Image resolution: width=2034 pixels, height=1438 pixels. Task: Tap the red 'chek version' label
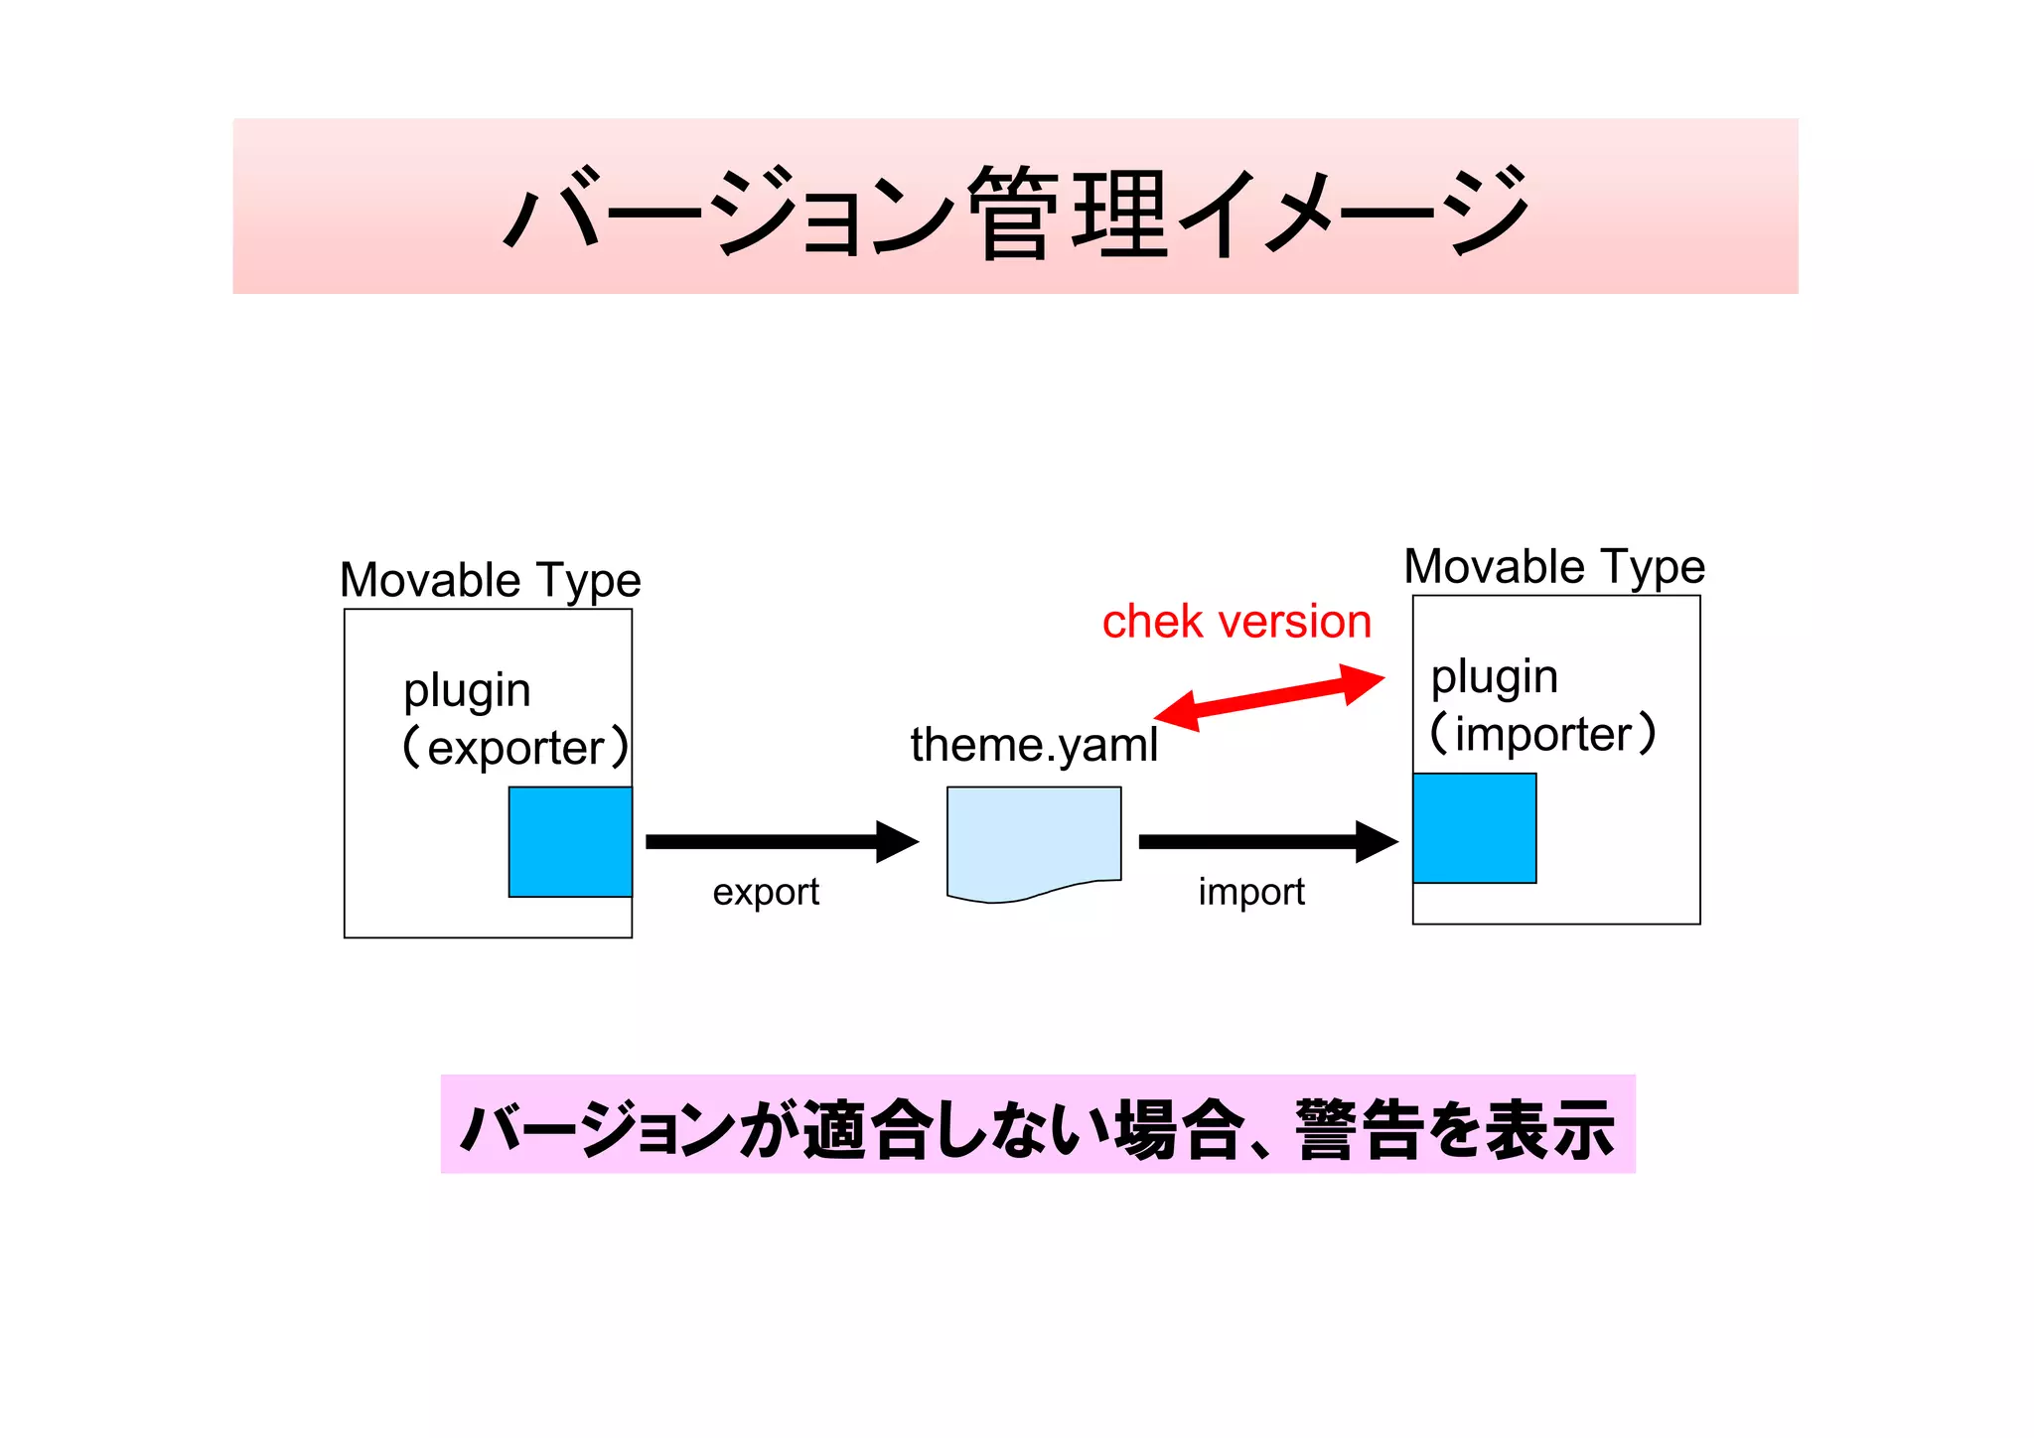1236,623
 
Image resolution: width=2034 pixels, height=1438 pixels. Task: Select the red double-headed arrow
1269,697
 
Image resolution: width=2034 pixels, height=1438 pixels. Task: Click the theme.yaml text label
1034,745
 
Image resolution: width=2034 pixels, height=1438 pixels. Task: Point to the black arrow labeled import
1267,841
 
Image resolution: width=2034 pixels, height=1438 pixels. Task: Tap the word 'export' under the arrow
766,892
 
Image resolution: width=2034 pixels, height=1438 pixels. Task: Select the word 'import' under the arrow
1251,892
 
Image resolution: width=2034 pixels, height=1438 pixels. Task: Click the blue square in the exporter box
570,842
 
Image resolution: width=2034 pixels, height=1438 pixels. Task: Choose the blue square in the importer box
1475,828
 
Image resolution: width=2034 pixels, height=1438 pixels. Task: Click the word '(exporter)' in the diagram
515,748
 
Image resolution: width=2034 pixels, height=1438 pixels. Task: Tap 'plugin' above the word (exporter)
467,691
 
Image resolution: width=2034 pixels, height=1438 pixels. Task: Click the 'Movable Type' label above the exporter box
491,580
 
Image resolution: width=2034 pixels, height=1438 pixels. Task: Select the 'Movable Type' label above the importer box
1554,567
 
